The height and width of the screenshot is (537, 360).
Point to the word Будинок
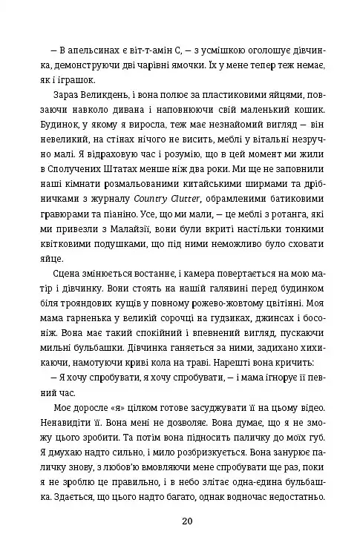[71, 128]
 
